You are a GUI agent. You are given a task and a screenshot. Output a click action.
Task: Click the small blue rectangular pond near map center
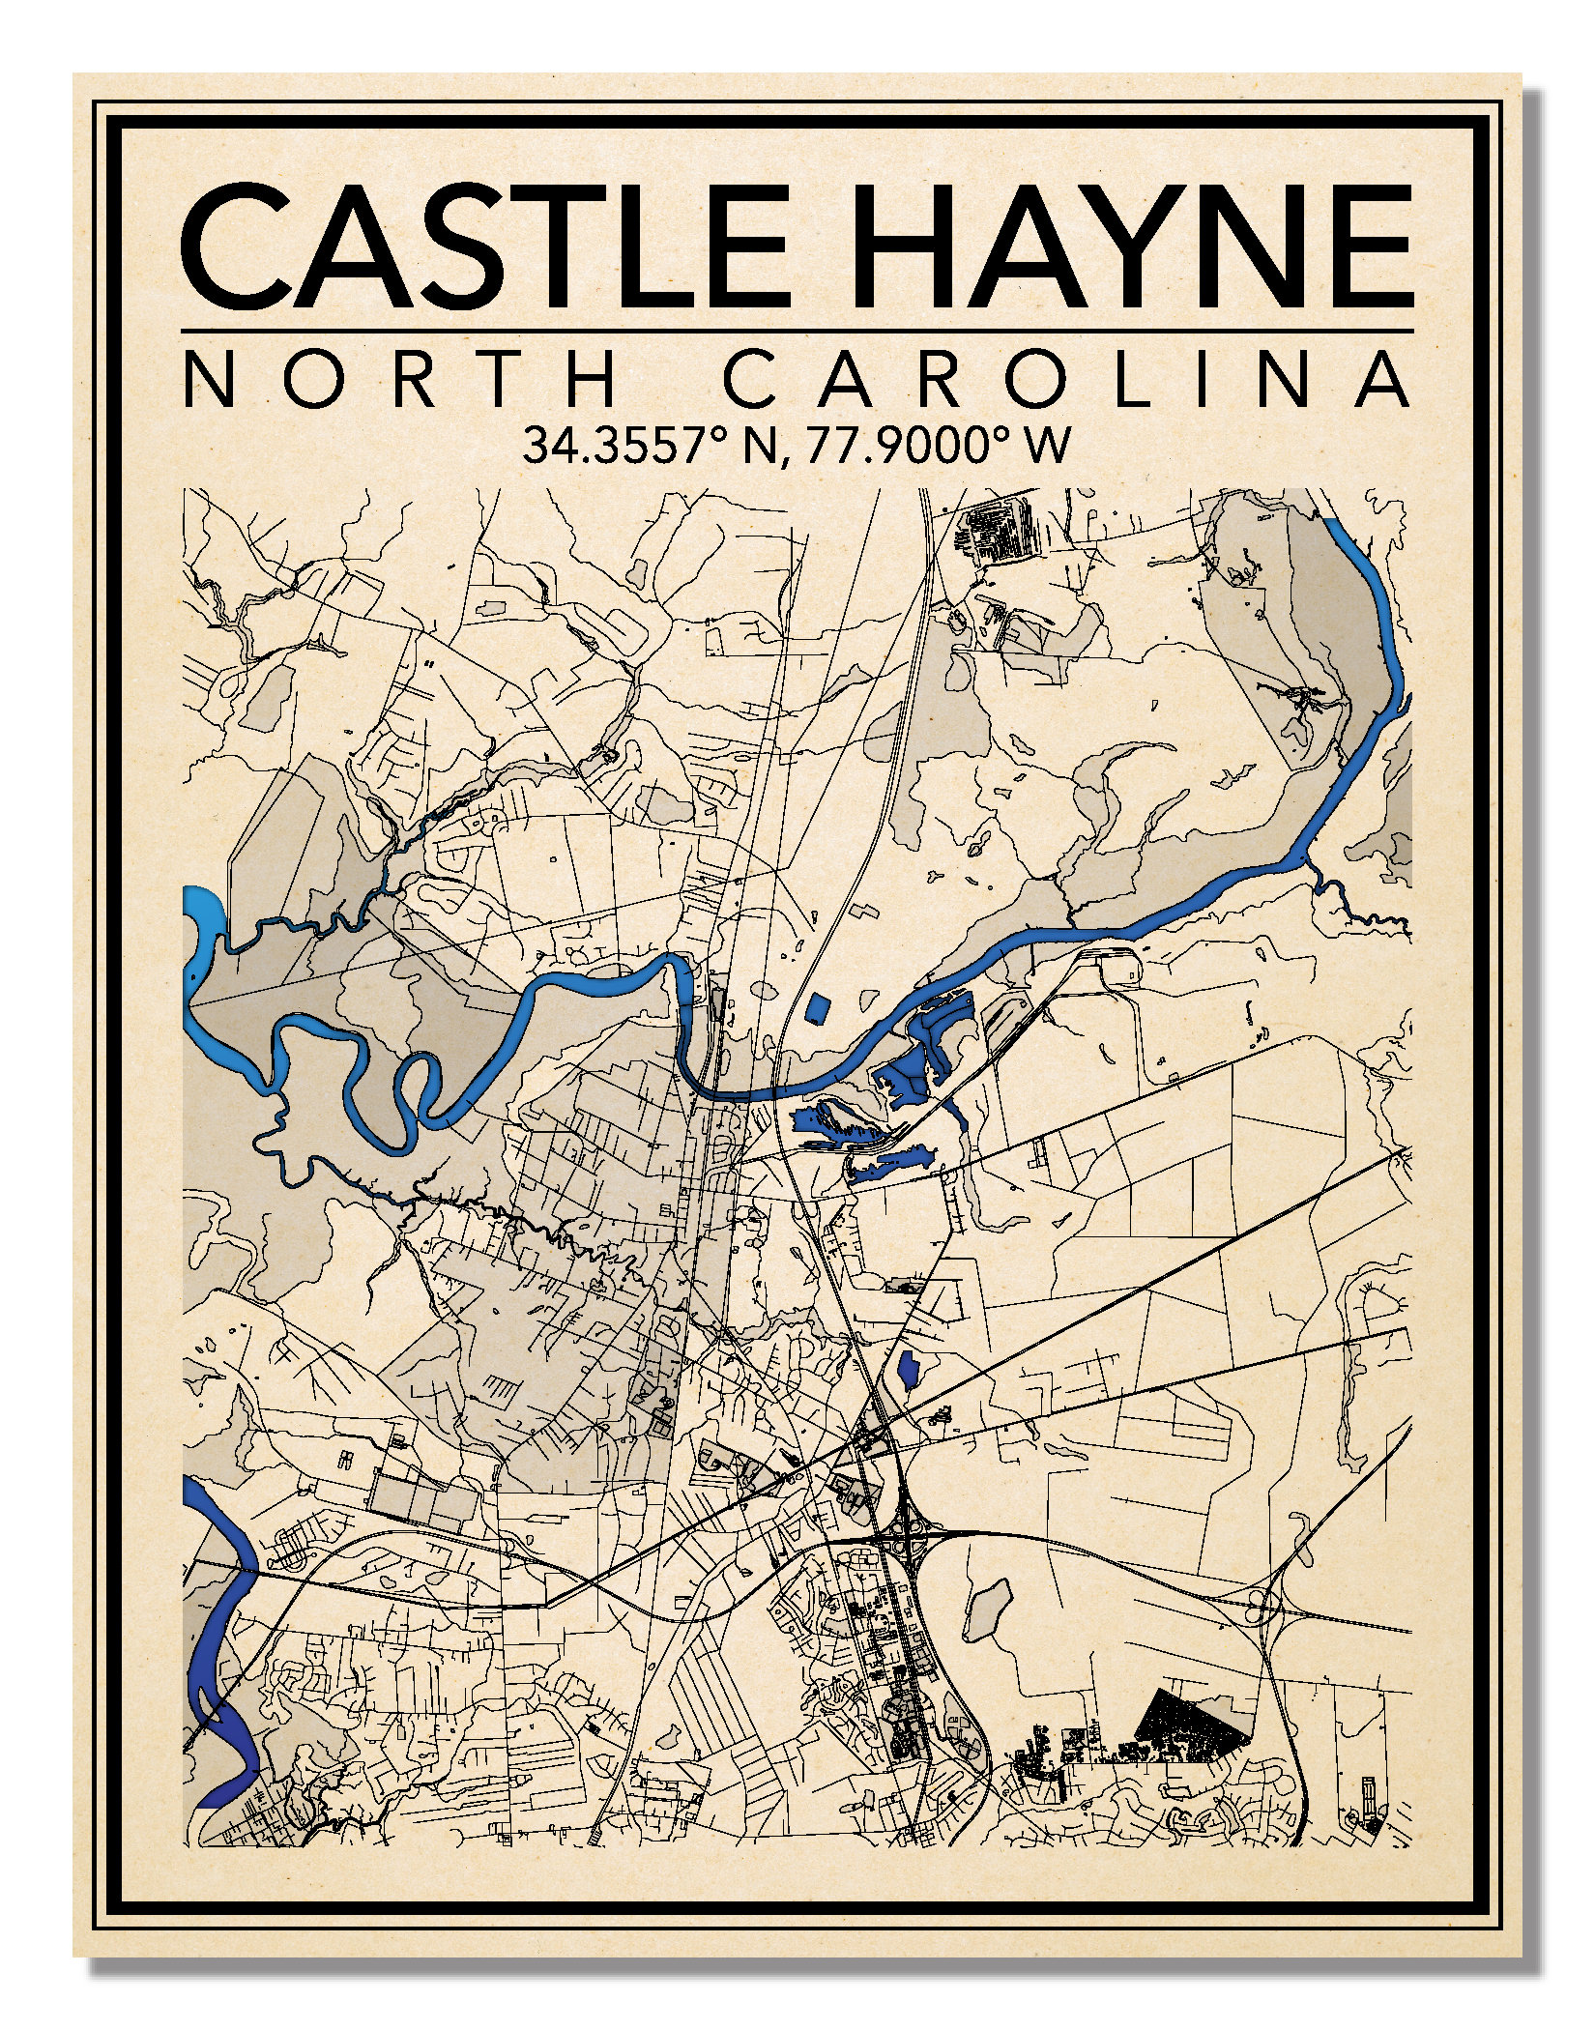point(818,1008)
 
